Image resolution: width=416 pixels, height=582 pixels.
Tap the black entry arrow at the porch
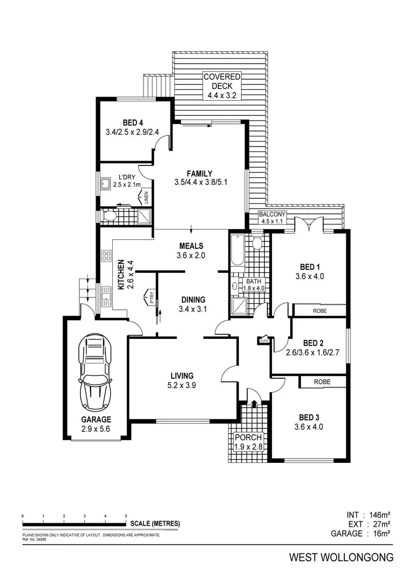tap(254, 402)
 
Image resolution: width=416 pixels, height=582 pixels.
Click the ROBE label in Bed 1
tap(318, 310)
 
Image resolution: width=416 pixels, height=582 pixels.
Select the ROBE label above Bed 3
tap(322, 381)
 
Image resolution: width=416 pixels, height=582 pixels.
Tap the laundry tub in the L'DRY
tap(106, 185)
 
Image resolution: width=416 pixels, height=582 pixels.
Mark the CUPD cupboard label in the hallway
tap(264, 340)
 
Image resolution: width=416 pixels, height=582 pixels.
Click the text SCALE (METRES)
tap(154, 523)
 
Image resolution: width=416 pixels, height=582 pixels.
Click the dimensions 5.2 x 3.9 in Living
tap(182, 386)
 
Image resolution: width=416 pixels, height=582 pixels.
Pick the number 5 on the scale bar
tap(126, 516)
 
